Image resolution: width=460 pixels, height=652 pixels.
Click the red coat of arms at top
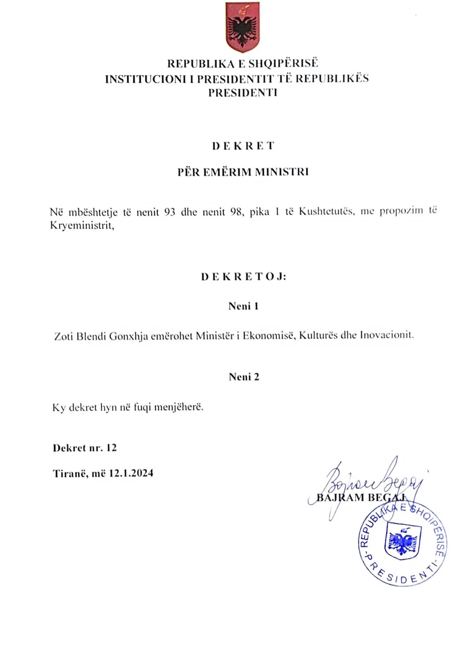click(243, 27)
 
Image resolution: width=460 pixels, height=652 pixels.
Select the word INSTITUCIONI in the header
click(146, 79)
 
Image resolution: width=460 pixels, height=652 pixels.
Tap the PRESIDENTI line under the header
click(243, 93)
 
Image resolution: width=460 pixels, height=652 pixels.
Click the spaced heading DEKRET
click(243, 146)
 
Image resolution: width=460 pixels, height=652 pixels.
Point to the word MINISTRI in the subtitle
click(282, 172)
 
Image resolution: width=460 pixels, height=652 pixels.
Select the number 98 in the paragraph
click(236, 212)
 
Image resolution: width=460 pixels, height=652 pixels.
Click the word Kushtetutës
click(325, 211)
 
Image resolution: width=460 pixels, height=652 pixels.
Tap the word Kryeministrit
click(82, 225)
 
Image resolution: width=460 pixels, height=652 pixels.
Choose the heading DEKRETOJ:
click(243, 277)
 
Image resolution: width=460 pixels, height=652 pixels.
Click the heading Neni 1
click(243, 306)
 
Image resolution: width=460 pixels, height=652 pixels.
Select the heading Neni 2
click(244, 377)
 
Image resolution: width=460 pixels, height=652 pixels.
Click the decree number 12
click(111, 448)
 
